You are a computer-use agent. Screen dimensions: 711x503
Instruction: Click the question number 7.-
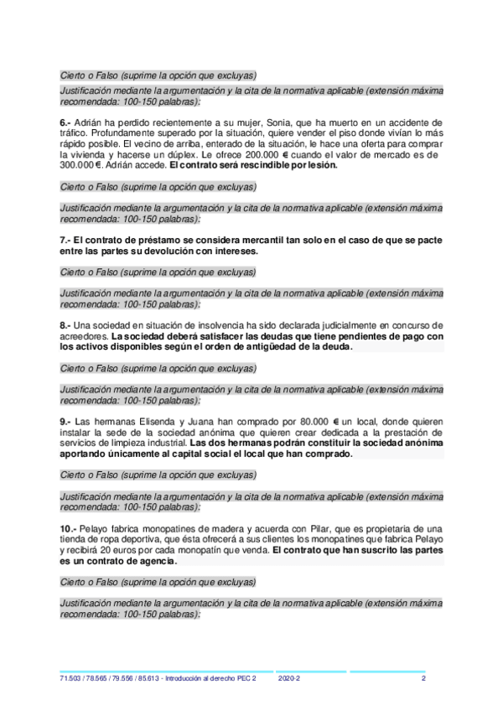(x=67, y=240)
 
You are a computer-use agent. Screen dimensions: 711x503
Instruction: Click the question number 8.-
(x=67, y=324)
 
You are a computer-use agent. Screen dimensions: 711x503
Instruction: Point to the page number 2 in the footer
(x=423, y=678)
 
